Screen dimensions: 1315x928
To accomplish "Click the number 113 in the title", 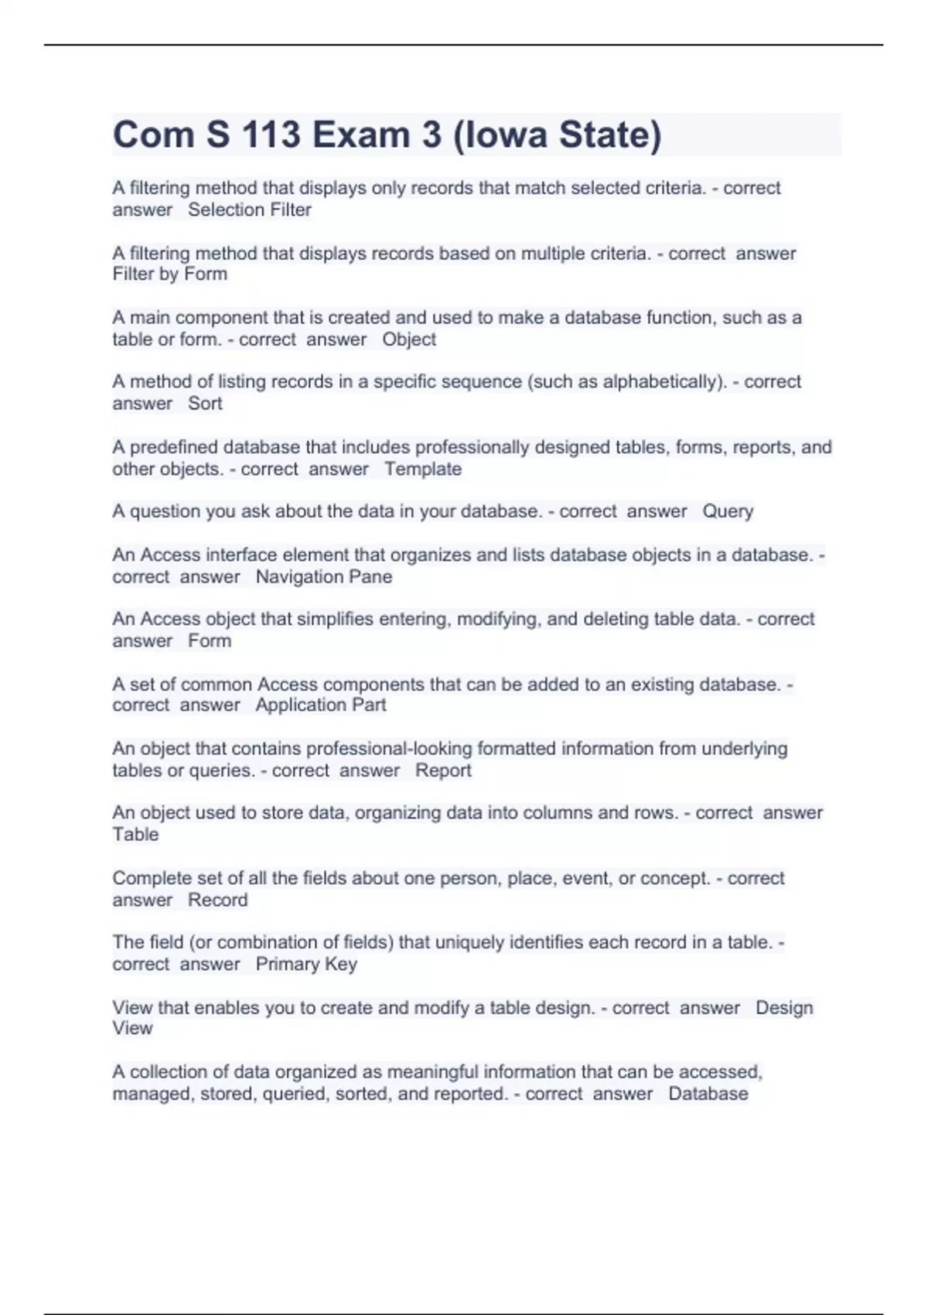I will coord(271,135).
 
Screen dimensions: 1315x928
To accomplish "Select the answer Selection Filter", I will coord(249,210).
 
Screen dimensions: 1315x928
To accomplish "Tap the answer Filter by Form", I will coord(169,274).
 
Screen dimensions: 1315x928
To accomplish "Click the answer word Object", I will coord(408,339).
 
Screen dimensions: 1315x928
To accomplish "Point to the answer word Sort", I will coord(205,403).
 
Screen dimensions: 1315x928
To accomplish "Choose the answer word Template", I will coord(422,469).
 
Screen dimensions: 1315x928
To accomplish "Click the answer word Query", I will coord(727,511).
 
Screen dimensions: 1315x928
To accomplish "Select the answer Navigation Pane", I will coord(323,576).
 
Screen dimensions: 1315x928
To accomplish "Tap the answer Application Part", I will coord(320,705).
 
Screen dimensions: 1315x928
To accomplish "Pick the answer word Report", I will coord(442,770).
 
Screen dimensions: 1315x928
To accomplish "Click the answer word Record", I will coord(217,900).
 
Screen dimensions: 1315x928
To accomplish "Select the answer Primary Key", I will coord(305,964).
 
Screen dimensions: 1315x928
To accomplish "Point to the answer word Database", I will coord(708,1094).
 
